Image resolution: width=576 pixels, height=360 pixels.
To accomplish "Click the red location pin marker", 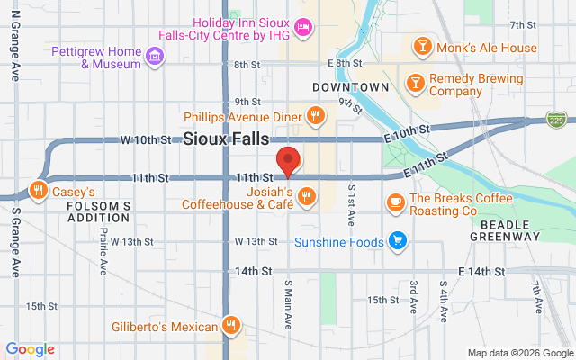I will [288, 160].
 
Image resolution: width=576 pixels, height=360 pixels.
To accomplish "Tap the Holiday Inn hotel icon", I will [304, 27].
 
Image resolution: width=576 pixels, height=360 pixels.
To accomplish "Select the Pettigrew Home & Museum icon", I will [156, 57].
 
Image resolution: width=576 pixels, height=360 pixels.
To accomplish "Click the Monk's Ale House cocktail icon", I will [421, 47].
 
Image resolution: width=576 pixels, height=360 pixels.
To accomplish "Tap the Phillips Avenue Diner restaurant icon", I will [314, 115].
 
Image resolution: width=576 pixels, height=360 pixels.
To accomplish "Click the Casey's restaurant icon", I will [38, 191].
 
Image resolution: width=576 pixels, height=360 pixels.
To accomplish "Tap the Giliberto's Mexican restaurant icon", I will [231, 326].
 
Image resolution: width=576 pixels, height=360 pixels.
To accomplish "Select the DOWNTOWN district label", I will [350, 87].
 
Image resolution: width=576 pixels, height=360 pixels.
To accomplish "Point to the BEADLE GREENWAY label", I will [504, 229].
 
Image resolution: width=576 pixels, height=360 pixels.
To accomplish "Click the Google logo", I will [30, 349].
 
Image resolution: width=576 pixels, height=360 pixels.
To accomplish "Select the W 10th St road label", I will [146, 140].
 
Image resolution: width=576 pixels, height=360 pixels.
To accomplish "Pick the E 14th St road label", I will [478, 271].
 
